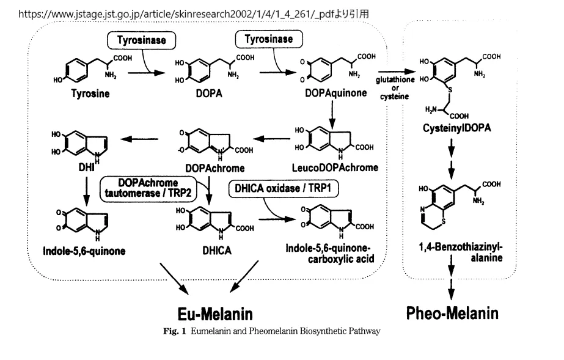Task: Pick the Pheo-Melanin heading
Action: pos(452,313)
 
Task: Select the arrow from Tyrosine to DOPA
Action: pos(146,72)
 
